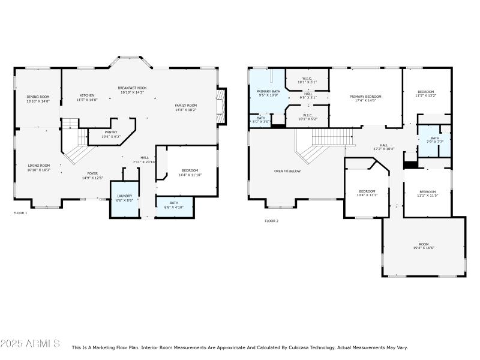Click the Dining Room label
(37, 99)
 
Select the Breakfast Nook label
(133, 90)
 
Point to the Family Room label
(185, 107)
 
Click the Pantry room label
(110, 134)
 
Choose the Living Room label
(38, 167)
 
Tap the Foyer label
(92, 176)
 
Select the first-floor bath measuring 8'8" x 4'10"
(173, 205)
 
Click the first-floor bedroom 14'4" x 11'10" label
(190, 172)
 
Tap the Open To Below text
(287, 171)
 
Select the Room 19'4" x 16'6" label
(424, 246)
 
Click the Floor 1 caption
(20, 212)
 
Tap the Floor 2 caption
(271, 221)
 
